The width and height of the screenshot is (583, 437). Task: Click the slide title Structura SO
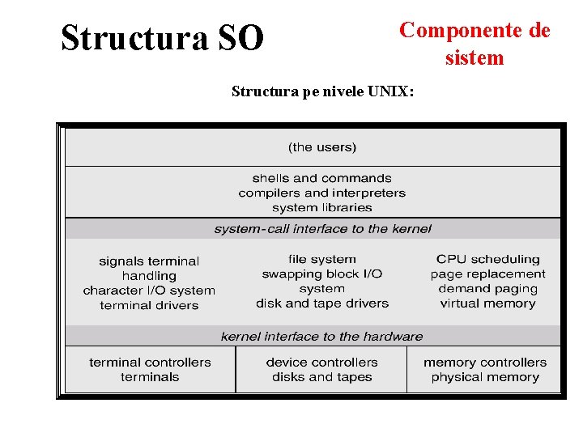[x=162, y=37]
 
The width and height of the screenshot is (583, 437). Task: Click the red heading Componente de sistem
[x=474, y=44]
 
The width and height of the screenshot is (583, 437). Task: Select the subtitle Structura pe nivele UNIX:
[x=322, y=91]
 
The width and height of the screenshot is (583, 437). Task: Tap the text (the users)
[x=322, y=147]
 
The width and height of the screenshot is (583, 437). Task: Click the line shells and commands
[x=321, y=178]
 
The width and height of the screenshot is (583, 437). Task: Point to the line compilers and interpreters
[x=321, y=193]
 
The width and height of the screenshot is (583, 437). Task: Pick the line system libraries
[x=321, y=207]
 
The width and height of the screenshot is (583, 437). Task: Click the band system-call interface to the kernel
[x=322, y=229]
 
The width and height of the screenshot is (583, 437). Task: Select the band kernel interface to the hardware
[x=321, y=336]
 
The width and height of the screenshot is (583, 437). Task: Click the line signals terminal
[x=149, y=261]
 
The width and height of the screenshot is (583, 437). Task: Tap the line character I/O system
[x=149, y=291]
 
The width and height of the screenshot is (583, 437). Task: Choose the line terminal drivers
[x=149, y=305]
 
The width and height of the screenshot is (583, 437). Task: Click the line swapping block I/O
[x=321, y=274]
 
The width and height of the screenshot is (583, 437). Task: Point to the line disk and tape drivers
[x=321, y=303]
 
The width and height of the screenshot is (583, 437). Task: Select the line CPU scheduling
[x=487, y=259]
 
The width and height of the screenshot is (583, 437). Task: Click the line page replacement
[x=487, y=274]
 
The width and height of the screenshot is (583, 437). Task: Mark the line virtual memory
[x=487, y=303]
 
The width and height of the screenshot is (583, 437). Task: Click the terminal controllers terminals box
[x=150, y=370]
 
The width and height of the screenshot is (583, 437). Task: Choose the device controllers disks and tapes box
[x=321, y=370]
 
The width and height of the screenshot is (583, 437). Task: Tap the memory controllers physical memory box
[x=484, y=370]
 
